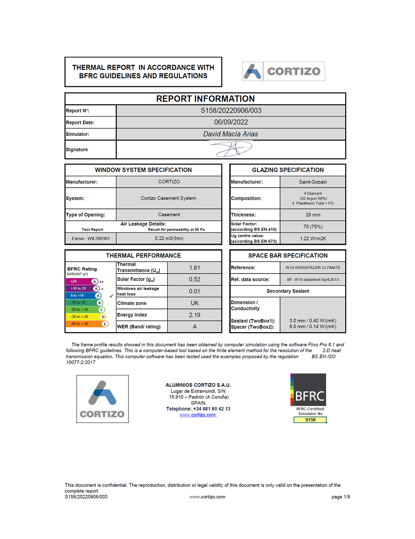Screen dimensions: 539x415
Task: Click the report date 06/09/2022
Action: click(231, 122)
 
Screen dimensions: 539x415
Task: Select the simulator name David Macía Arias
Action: click(231, 134)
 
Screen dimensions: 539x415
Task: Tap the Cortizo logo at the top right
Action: click(283, 71)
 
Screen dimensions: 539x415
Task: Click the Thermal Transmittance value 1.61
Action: click(195, 268)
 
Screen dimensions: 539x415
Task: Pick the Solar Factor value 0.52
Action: click(195, 279)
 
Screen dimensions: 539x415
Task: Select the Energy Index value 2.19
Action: click(195, 315)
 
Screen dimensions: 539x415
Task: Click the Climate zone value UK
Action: click(195, 303)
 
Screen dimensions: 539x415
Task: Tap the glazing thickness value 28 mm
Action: click(313, 215)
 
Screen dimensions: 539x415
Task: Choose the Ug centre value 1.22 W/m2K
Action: click(313, 239)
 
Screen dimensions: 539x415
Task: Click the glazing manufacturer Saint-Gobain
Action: click(313, 182)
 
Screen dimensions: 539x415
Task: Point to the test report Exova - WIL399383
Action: click(91, 239)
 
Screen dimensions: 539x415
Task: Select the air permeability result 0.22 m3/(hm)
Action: click(169, 239)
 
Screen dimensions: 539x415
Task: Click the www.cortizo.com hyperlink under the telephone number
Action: click(198, 415)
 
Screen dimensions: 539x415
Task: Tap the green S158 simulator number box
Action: click(310, 420)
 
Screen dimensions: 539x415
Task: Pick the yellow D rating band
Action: click(86, 317)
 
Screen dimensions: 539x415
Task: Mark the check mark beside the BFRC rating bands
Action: click(111, 296)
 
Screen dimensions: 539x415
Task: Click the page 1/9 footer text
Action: click(341, 497)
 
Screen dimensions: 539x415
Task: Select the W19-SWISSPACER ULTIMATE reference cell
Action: click(313, 268)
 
